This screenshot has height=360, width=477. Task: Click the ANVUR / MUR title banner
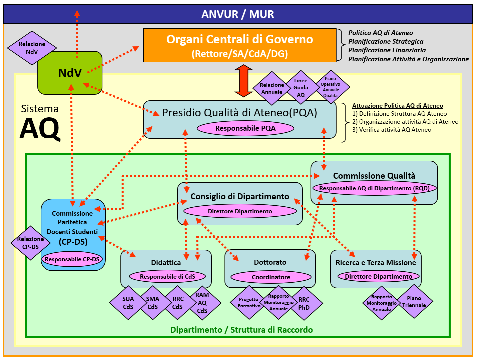tap(237, 14)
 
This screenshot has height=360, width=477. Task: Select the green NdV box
tap(70, 73)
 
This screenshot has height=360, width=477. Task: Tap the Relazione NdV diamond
tap(32, 48)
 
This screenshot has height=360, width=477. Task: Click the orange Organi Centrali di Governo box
tap(240, 45)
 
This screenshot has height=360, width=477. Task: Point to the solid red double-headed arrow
tap(244, 81)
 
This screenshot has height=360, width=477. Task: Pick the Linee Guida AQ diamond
tap(301, 88)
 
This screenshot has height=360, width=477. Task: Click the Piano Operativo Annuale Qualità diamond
tap(331, 87)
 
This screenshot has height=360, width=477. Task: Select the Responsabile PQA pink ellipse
tap(245, 128)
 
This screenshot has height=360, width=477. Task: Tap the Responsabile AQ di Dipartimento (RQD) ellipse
tap(374, 188)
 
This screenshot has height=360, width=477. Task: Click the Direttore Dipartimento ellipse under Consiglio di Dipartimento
tap(240, 211)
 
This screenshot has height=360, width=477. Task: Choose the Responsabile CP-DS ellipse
tap(72, 259)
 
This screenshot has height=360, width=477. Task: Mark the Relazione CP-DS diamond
tap(30, 243)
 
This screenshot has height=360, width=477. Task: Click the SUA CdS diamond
tap(128, 303)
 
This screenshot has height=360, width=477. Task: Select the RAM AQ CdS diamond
tap(202, 303)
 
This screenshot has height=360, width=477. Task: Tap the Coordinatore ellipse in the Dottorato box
tap(271, 277)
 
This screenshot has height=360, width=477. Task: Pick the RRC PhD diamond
tap(304, 303)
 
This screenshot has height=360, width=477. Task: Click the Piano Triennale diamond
tap(414, 302)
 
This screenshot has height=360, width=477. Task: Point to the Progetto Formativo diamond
tap(249, 302)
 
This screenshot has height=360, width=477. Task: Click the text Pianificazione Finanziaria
tap(387, 50)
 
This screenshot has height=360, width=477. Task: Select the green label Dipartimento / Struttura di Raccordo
tap(242, 330)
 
